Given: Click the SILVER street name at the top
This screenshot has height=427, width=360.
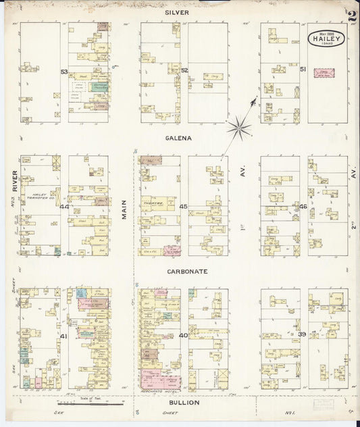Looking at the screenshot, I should (x=180, y=12).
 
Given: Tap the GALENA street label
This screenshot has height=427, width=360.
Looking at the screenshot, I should (x=180, y=138).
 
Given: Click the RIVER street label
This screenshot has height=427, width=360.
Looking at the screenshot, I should (x=14, y=180).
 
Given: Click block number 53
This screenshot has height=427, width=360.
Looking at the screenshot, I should (x=64, y=72).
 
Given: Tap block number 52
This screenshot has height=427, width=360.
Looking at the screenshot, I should (x=184, y=70).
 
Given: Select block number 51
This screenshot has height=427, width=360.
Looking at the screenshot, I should (x=303, y=70).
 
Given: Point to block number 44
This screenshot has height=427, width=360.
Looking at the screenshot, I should (x=64, y=207).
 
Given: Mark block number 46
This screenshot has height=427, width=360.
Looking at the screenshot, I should (x=303, y=207).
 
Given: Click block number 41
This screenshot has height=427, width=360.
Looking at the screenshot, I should (x=64, y=336).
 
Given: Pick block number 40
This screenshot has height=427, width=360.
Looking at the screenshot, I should (x=183, y=336).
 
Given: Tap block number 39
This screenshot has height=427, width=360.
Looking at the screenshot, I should (x=303, y=335).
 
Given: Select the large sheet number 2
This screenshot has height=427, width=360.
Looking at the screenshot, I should (x=353, y=17).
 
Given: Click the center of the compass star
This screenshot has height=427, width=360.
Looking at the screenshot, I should (x=239, y=126).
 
